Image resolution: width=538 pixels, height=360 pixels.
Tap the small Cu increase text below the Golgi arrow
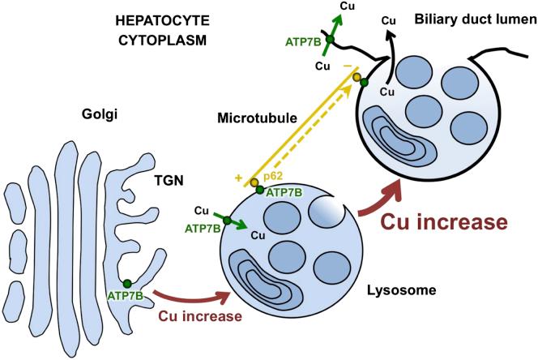[x=212, y=315]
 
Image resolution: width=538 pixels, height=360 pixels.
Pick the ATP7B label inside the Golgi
[x=126, y=297]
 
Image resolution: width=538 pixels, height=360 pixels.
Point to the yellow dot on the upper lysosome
[x=355, y=77]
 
